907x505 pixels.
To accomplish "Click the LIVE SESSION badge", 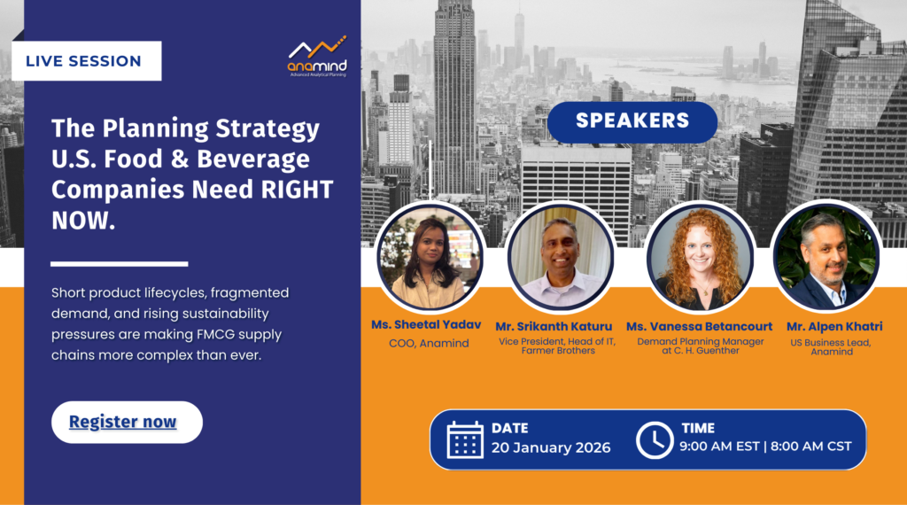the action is [86, 61].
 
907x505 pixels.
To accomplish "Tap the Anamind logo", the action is [318, 56].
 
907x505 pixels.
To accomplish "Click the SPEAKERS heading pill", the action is [632, 121].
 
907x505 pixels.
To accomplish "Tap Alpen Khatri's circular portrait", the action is [826, 256].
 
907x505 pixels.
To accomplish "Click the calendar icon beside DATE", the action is [465, 439].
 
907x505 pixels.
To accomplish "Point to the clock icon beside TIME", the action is [655, 440].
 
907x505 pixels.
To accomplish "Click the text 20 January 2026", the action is [551, 447].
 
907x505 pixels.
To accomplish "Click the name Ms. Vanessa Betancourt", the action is [700, 327].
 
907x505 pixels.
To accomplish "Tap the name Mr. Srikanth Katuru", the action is [554, 327].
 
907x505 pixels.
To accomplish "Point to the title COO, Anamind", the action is [429, 344].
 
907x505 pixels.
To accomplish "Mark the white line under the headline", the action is [120, 264].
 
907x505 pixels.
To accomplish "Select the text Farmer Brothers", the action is [558, 351].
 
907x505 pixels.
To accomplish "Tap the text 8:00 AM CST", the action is [811, 447].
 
